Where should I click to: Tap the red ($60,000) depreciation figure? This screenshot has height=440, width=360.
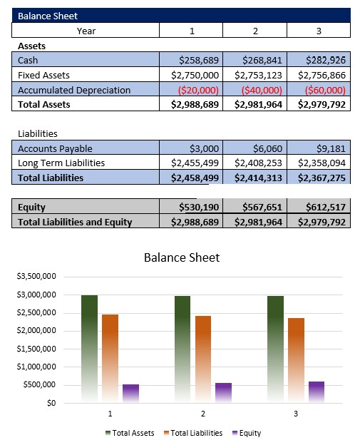325,90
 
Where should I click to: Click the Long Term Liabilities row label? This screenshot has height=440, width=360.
61,163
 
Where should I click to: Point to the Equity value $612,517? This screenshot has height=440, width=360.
325,207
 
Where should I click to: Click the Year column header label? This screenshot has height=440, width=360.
86,30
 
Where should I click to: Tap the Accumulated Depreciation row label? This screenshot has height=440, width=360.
74,90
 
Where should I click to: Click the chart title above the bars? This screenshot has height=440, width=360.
182,257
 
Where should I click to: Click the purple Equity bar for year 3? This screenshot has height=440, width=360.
317,392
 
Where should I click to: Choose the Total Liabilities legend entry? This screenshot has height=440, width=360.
193,433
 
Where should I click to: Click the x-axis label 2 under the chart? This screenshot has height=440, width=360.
203,414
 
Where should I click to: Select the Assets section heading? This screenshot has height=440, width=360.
31,45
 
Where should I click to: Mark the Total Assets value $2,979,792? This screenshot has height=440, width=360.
319,104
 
